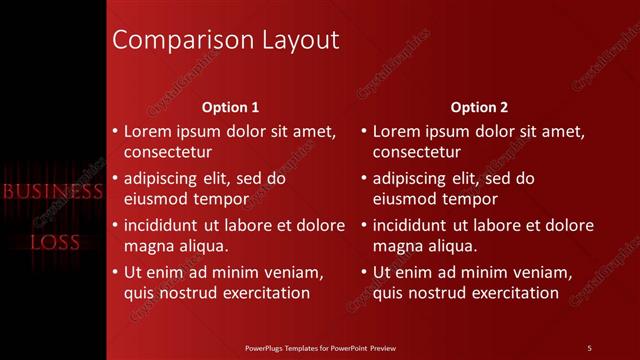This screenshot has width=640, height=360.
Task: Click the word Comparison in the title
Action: [x=169, y=40]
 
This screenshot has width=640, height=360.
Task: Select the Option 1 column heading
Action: [x=230, y=107]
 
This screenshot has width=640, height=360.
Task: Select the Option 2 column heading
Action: [x=479, y=107]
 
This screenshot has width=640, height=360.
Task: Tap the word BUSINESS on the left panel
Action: [x=52, y=191]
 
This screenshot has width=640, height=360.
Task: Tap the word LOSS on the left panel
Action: [x=54, y=242]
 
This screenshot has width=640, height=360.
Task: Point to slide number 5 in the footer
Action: [x=589, y=347]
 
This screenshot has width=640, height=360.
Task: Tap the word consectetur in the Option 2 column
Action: [x=417, y=152]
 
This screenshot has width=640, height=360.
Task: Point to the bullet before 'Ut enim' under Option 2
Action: [x=364, y=272]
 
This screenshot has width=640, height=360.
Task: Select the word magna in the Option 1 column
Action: [x=146, y=246]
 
